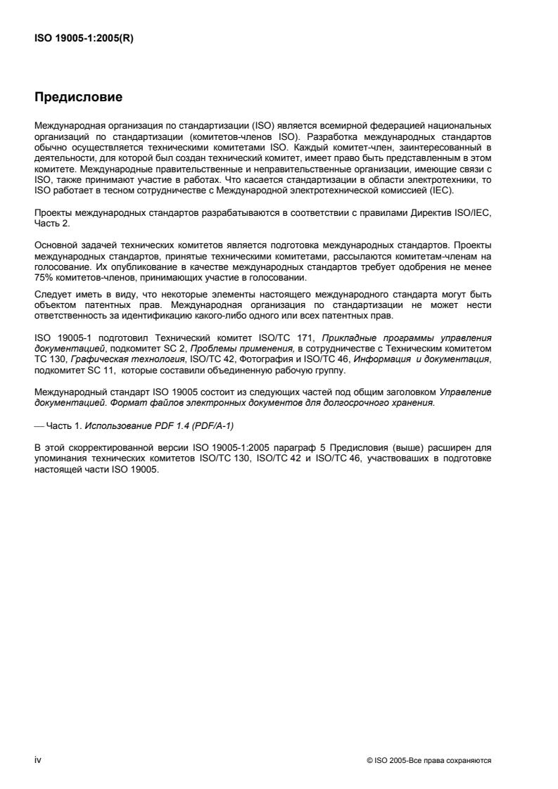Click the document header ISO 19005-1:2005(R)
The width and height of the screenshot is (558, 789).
84,39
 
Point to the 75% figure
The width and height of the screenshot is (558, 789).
43,297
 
